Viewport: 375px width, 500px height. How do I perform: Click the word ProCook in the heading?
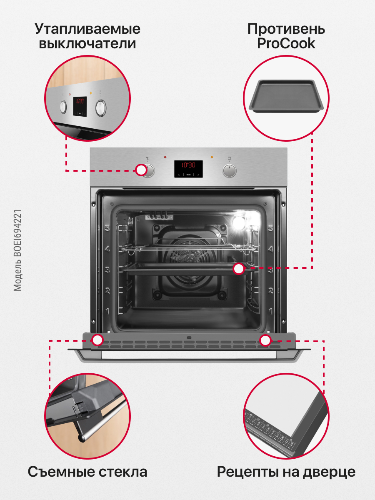tap(286, 44)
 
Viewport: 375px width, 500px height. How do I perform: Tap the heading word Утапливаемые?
tap(87, 30)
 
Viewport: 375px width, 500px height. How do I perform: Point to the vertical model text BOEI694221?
tap(17, 250)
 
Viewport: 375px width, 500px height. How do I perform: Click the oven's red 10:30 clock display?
tap(188, 165)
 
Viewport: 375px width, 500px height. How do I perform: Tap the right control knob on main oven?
tap(230, 170)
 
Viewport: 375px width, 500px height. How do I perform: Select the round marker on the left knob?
tap(141, 170)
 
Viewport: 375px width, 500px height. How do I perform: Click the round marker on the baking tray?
tap(238, 269)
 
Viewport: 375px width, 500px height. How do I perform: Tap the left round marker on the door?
tap(97, 340)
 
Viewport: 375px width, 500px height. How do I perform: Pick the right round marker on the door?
tap(265, 340)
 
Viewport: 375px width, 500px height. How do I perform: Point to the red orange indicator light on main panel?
tap(212, 157)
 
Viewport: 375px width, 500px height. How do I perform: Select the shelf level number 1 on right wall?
tap(271, 311)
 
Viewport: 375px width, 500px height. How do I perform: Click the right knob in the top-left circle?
tap(100, 108)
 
